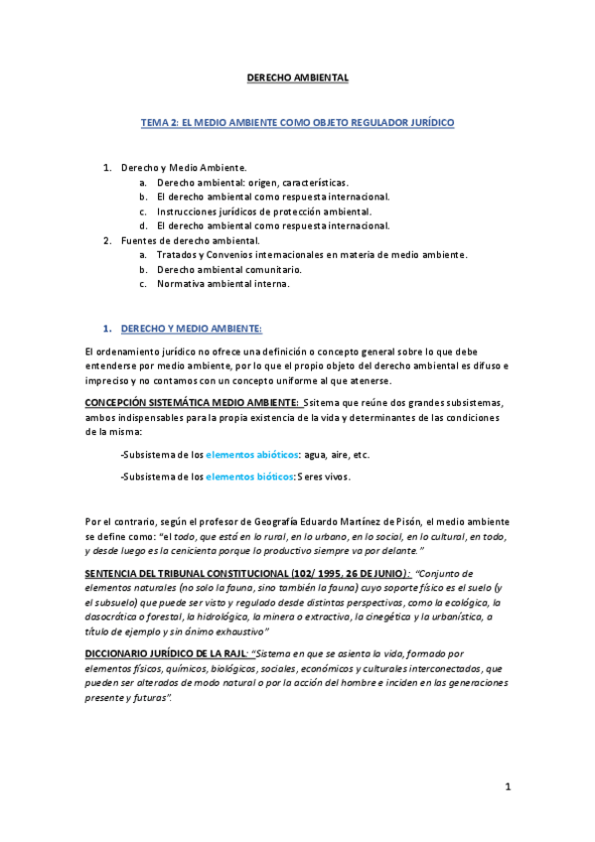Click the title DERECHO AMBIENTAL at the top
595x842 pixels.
[x=297, y=76]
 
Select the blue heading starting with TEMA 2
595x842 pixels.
[x=297, y=122]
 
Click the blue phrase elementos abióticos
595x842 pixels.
[x=252, y=454]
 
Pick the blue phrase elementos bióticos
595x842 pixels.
[x=248, y=477]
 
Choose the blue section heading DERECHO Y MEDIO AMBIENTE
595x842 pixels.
[x=191, y=328]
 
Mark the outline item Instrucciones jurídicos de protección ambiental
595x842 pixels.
[x=264, y=211]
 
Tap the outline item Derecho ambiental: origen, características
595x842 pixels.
[x=252, y=183]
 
